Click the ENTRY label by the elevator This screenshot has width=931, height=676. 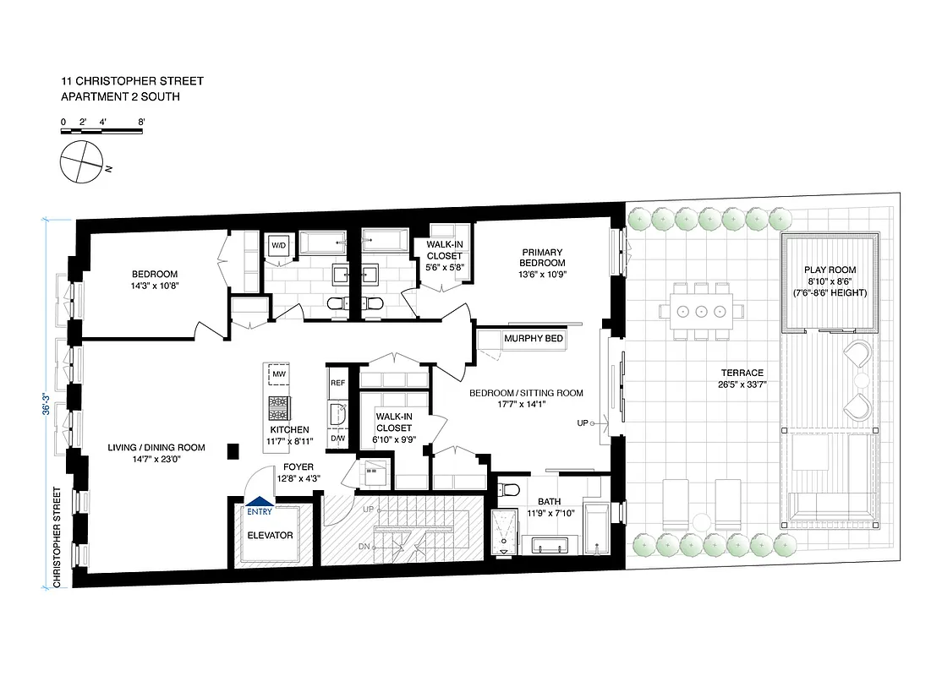pyautogui.click(x=260, y=511)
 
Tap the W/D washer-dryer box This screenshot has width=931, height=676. pyautogui.click(x=277, y=246)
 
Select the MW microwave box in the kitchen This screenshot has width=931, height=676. pyautogui.click(x=278, y=374)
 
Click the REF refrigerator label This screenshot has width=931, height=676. pyautogui.click(x=337, y=383)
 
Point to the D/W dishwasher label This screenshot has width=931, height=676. pyautogui.click(x=337, y=439)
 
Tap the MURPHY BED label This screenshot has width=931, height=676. pyautogui.click(x=533, y=339)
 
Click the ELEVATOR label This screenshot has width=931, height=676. pyautogui.click(x=270, y=535)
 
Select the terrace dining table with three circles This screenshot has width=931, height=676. pyautogui.click(x=702, y=310)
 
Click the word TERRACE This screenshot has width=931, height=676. pyautogui.click(x=742, y=373)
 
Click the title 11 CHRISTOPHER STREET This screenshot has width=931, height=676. pyautogui.click(x=132, y=81)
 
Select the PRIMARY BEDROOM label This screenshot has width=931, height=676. pyautogui.click(x=542, y=257)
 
